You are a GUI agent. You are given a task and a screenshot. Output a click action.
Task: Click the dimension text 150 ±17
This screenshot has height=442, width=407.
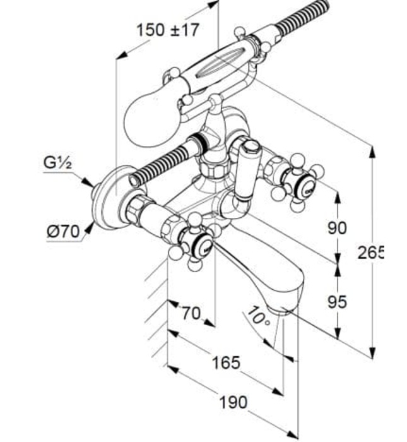coord(168,30)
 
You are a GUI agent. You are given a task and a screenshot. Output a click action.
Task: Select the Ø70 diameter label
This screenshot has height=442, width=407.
coord(63,232)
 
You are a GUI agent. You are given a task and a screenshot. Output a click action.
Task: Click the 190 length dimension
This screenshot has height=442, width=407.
coord(233,402)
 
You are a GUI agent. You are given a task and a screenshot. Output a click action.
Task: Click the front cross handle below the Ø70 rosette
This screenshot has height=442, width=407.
coord(192,241)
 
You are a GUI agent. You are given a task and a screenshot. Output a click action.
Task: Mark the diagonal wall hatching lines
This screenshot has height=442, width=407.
coord(155,303)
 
